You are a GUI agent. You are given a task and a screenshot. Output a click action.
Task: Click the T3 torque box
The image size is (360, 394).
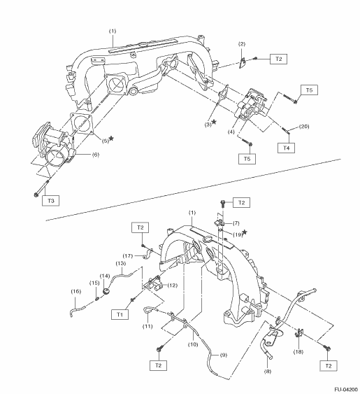coord(51,201)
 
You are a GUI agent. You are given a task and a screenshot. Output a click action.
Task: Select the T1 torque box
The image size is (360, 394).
coord(120,314)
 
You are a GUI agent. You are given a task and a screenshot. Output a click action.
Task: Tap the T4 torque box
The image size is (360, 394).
coord(286,148)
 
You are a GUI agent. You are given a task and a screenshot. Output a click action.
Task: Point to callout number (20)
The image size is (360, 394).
coord(304,127)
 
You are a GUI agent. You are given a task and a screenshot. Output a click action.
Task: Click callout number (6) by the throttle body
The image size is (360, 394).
coord(96,155)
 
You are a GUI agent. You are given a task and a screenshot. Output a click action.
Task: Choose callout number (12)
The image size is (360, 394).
coord(172,286)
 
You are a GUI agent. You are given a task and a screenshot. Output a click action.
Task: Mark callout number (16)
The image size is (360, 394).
coord(75,291)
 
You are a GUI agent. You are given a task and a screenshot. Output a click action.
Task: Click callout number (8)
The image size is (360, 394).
coord(268,371)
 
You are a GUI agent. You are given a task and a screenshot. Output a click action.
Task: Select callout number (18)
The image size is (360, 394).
coord(298,352)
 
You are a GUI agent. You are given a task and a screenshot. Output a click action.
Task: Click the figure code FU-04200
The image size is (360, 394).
coord(346,390)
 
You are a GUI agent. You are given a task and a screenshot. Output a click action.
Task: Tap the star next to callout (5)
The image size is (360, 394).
coord(111,139)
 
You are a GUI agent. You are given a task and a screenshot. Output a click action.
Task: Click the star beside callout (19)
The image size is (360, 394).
coord(245,232)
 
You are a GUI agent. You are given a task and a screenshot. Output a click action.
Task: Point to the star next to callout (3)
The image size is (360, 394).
coord(214,122)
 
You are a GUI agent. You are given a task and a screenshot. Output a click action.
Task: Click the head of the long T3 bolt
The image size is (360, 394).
coord(36,195)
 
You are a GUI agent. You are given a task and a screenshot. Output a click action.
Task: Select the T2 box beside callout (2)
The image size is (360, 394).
coord(278,59)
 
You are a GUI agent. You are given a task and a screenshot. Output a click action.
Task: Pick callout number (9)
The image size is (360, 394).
coord(224,355)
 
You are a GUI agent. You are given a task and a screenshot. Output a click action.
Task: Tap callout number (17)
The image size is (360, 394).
coord(127,256)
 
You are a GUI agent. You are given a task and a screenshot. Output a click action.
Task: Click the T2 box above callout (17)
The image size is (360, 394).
coord(140,227)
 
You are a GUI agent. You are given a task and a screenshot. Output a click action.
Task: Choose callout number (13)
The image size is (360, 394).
coord(121,263)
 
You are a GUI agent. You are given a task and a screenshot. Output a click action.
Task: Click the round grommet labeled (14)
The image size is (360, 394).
coord(107,292)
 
